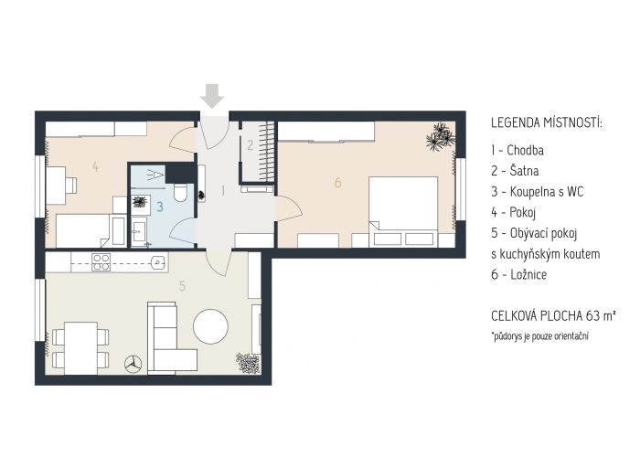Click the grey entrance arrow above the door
pos(212,96)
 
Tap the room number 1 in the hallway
pos(223,190)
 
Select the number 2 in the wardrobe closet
pos(251,144)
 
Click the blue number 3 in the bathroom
pos(160,207)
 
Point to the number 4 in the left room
pos(95,166)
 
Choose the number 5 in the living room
pos(182,286)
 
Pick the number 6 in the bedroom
pos(337,183)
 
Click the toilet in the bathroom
pos(180,192)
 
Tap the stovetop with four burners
pos(101,262)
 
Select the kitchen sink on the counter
pos(158,262)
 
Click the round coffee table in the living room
pos(210,326)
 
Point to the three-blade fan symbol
pos(133,364)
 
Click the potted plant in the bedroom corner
pos(441,137)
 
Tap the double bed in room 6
pos(403,211)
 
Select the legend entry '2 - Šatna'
pos(515,171)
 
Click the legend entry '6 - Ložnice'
pos(518,274)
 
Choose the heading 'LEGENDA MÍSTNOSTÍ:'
pos(547,122)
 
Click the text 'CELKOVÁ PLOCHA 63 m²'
pos(553,316)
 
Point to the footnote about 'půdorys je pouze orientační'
pos(540,336)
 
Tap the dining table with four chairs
pos(80,348)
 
